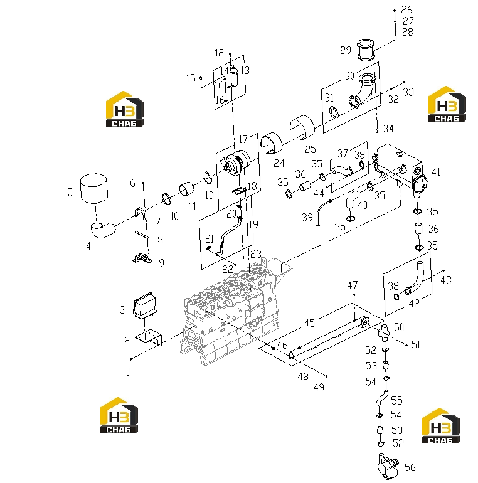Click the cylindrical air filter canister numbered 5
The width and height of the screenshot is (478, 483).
93,188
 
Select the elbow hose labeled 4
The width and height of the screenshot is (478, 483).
102,230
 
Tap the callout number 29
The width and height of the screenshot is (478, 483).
346,50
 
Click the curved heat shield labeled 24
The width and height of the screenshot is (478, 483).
272,143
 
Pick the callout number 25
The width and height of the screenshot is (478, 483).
311,149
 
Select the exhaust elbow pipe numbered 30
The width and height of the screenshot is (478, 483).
363,91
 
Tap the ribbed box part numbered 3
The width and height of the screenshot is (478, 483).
145,304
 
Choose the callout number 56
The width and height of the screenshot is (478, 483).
410,467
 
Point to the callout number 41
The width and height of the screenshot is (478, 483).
436,172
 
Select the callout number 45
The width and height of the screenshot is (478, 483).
309,323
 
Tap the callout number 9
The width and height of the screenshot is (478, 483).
162,263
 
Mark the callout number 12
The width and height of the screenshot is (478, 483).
219,53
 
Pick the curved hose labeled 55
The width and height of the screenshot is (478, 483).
382,397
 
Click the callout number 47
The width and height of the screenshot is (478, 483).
353,285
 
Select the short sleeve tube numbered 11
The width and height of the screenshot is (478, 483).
186,189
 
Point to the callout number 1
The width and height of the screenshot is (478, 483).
129,372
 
